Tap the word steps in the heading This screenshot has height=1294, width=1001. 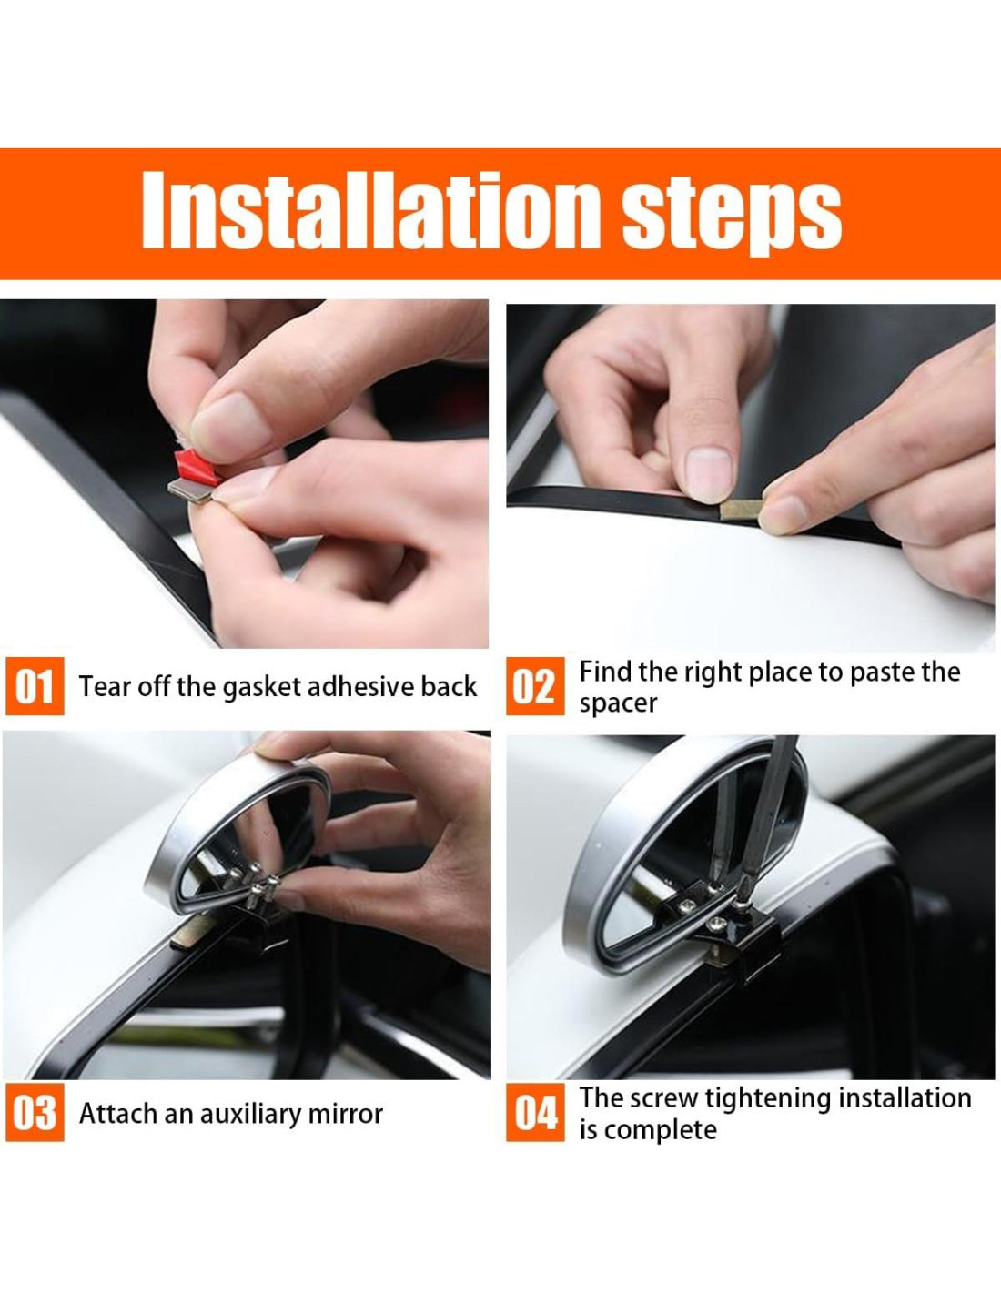point(732,216)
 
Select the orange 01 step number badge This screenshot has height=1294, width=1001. point(35,686)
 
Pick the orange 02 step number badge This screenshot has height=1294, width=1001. point(535,686)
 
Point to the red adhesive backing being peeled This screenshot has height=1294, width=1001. point(196,466)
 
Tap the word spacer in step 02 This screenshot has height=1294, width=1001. point(618,704)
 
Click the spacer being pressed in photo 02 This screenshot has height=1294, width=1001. point(740,510)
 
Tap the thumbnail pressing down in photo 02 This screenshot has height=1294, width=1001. point(707,473)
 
